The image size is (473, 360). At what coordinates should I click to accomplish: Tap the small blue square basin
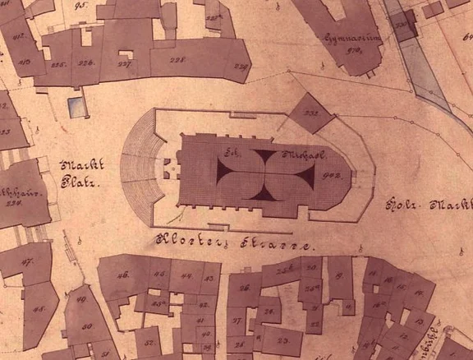click(76, 106)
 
